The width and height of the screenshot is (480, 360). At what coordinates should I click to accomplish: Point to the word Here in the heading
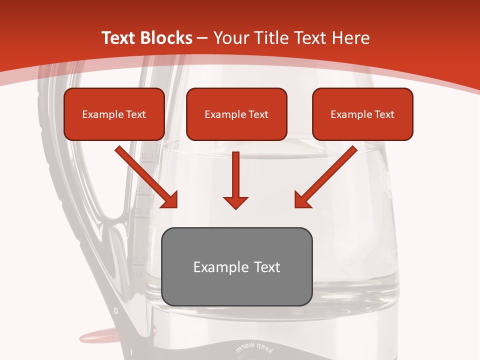click(351, 38)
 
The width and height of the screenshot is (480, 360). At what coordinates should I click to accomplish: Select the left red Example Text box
click(114, 114)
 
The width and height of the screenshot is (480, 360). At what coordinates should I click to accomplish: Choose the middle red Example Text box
click(236, 114)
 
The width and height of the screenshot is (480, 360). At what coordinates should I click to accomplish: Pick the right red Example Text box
click(362, 114)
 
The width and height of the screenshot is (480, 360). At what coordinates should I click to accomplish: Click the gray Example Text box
click(237, 266)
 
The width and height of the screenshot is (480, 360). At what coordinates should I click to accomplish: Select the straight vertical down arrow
click(235, 180)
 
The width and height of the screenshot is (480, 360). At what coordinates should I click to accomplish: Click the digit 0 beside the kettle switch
click(116, 311)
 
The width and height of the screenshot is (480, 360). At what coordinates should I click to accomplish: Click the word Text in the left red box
click(135, 114)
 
